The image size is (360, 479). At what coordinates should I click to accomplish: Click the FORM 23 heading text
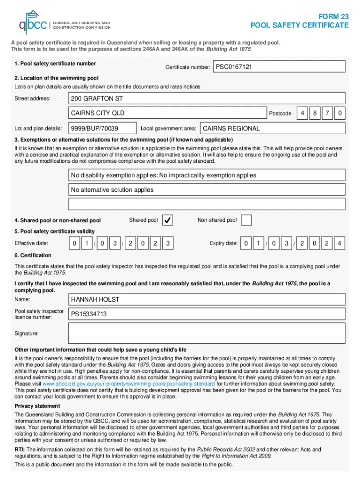(334, 16)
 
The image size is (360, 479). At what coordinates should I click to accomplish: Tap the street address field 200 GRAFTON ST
(207, 99)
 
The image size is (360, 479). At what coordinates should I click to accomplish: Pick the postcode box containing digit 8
(316, 113)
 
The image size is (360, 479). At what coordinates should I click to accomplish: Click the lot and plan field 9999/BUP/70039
(102, 128)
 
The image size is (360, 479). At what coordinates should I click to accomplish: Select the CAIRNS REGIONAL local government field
(273, 128)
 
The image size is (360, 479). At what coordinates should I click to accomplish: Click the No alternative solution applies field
(207, 190)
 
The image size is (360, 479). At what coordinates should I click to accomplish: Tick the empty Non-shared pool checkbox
(246, 220)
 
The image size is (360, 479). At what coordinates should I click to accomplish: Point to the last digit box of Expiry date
(340, 244)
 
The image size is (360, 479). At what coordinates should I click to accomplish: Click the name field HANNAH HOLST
(207, 299)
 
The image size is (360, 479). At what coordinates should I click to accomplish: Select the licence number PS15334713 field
(207, 314)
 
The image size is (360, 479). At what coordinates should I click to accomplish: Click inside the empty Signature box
(207, 333)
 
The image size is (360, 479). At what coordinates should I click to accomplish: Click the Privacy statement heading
(37, 406)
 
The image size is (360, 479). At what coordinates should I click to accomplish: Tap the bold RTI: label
(20, 450)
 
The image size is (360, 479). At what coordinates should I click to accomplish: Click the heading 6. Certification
(33, 255)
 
